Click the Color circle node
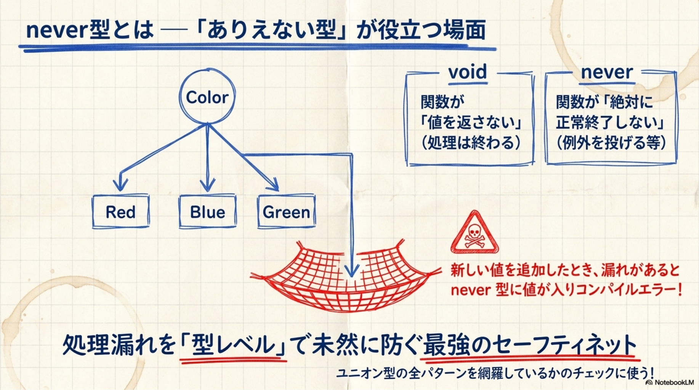pos(207,97)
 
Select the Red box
pos(120,212)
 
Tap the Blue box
pos(207,212)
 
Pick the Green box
pos(286,212)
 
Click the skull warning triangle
pos(474,233)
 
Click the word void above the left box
pos(467,72)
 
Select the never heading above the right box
pos(607,72)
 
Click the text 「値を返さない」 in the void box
pos(471,123)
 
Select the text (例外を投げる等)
pos(611,143)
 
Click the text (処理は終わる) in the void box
pos(471,143)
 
